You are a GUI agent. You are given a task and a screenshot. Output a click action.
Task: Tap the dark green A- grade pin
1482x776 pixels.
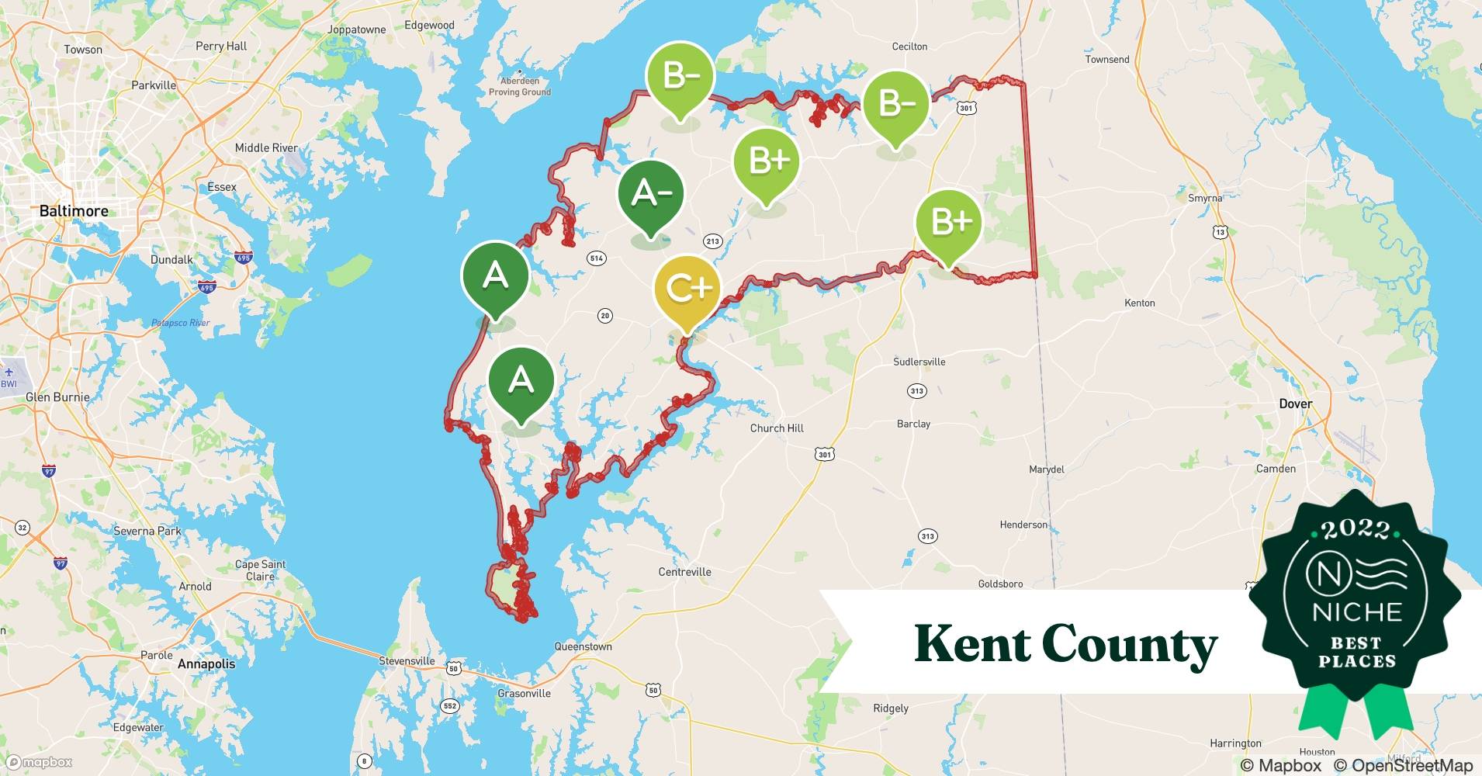click(x=651, y=194)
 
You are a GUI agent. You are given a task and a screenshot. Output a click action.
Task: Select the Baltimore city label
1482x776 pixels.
click(x=74, y=211)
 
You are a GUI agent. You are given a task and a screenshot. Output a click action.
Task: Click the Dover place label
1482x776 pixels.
click(x=1295, y=404)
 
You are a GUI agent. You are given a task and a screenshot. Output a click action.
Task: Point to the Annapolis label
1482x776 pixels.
click(x=206, y=664)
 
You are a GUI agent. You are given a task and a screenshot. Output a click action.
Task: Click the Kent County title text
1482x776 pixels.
click(x=1065, y=643)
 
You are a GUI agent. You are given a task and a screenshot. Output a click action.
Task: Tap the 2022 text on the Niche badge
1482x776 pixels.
click(x=1356, y=529)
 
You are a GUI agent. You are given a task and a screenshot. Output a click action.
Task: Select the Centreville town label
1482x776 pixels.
click(x=684, y=572)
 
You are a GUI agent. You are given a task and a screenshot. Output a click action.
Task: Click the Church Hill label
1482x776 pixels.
click(x=777, y=428)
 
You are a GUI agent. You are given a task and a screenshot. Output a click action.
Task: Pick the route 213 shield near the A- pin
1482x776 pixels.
click(x=712, y=241)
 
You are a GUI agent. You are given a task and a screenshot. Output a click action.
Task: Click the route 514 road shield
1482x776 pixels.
click(x=596, y=258)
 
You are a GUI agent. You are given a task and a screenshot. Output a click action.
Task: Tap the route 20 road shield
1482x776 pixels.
click(x=604, y=315)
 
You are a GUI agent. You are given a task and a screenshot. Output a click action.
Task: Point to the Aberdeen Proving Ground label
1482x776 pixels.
click(x=519, y=86)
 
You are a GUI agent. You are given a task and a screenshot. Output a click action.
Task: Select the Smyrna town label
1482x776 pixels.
click(x=1204, y=198)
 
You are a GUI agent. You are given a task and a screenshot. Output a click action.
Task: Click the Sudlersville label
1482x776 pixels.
click(x=919, y=362)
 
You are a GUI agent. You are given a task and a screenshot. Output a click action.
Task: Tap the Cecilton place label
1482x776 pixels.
click(x=909, y=47)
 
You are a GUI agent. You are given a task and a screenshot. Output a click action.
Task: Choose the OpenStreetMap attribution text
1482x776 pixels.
click(x=1403, y=765)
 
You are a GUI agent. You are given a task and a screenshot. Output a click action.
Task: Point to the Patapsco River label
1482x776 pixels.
click(x=180, y=323)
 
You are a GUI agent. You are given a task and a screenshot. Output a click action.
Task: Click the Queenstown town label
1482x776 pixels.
click(x=583, y=646)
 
